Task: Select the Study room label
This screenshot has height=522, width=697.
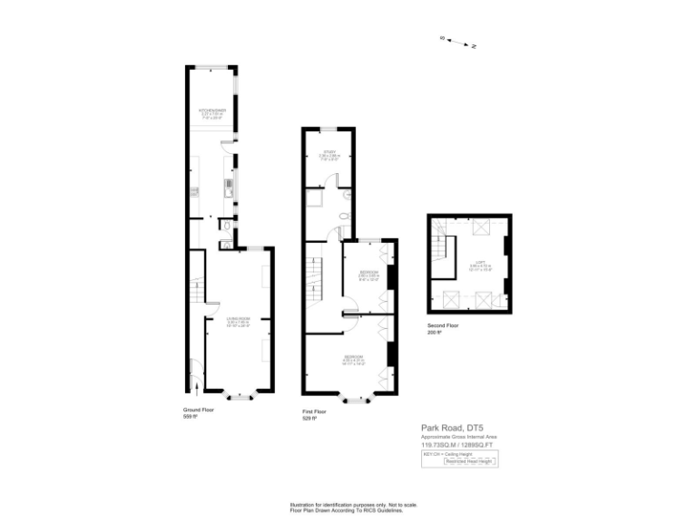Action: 329,154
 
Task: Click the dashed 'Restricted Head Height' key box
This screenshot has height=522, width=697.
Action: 469,461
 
